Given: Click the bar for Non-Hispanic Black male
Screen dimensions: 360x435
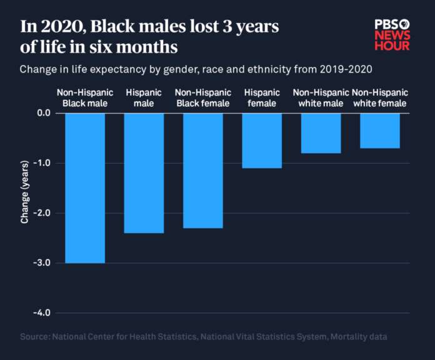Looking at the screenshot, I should click(x=85, y=187).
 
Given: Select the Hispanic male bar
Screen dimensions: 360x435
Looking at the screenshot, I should click(x=144, y=172).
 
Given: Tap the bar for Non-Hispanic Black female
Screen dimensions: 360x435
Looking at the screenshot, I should click(x=202, y=170).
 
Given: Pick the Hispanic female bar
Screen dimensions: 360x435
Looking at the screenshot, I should click(x=262, y=141).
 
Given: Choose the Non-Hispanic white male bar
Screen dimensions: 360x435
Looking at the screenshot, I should click(x=321, y=133).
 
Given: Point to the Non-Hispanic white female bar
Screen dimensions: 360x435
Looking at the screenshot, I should click(x=379, y=131).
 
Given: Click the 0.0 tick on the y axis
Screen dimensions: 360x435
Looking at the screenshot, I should click(x=43, y=113).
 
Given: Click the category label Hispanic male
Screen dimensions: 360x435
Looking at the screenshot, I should click(x=144, y=97).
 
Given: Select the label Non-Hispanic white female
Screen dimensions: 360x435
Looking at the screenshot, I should click(x=379, y=97).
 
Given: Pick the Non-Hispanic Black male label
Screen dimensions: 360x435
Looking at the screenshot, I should click(x=85, y=97).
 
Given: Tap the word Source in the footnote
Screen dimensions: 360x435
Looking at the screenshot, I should click(x=35, y=337).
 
